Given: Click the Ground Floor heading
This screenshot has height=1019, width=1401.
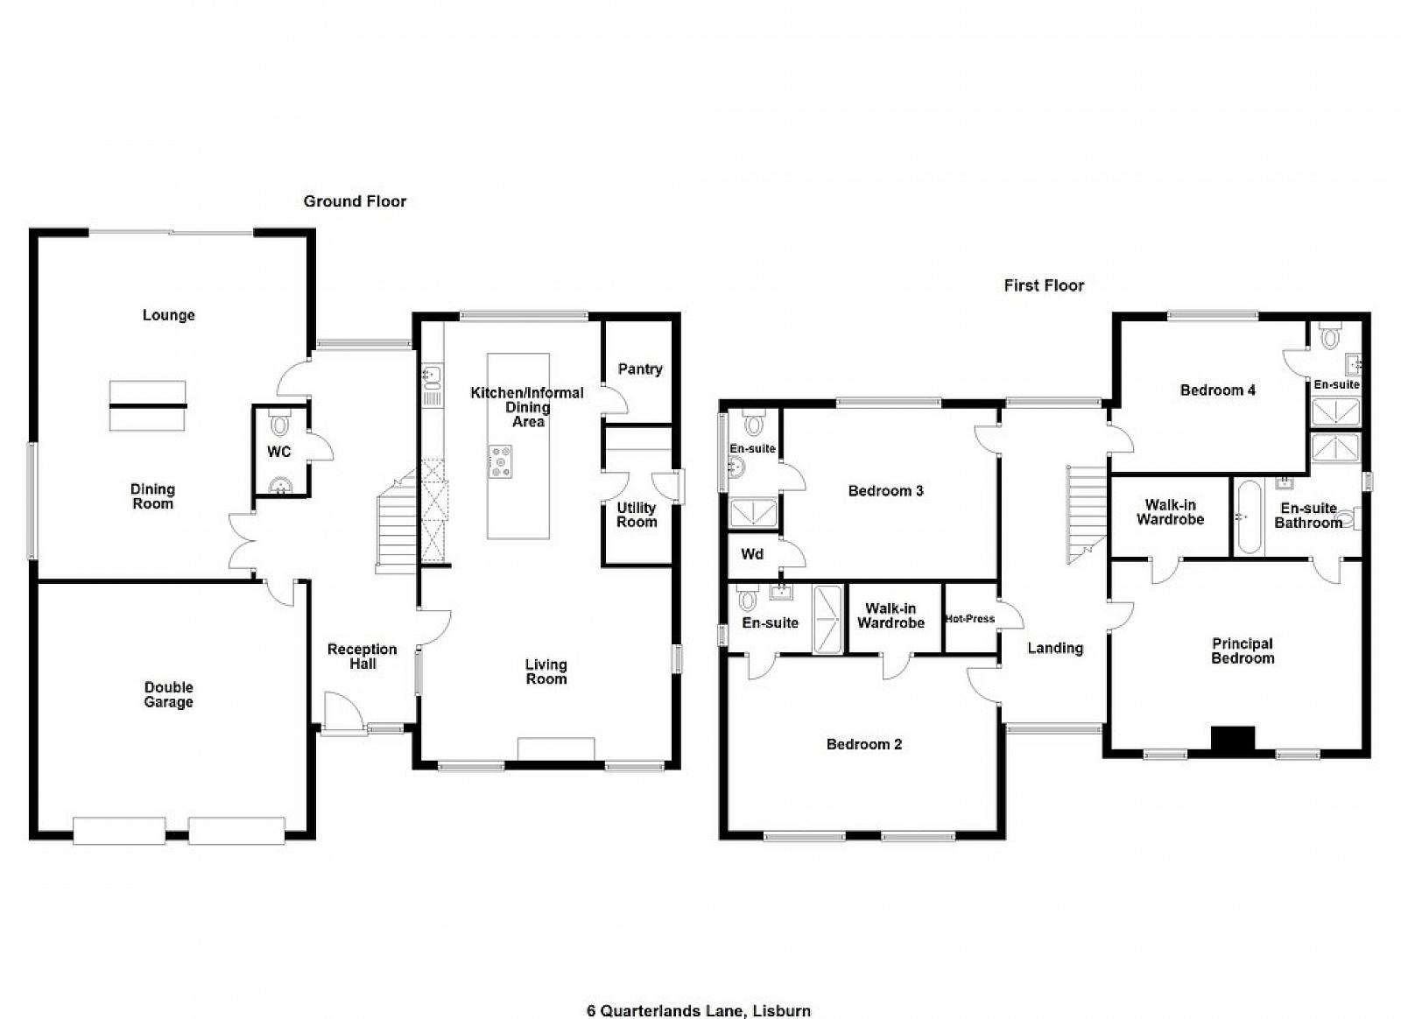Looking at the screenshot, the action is click(355, 201).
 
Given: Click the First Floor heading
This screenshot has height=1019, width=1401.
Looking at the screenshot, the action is click(1044, 285).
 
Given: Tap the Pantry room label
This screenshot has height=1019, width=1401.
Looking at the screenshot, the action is click(640, 369).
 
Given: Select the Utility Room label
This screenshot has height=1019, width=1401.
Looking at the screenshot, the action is click(637, 515).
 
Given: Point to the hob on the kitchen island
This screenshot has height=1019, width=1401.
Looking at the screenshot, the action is click(500, 461).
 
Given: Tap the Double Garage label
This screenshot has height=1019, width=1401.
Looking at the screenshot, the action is click(168, 694).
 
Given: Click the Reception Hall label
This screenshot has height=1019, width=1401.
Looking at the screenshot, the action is click(363, 657).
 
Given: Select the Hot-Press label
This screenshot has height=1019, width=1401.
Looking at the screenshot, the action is click(970, 619).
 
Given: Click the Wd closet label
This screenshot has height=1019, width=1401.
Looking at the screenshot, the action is click(752, 554).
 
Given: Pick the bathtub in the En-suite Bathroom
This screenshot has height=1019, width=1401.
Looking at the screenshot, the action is click(1249, 517).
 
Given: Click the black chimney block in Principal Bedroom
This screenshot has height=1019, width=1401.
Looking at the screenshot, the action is click(1234, 738).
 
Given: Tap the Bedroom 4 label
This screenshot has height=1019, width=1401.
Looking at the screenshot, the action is click(1217, 390).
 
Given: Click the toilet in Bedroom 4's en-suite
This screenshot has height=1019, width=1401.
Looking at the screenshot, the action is click(1329, 335).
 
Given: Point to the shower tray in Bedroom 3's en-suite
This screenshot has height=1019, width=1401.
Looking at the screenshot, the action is click(754, 513).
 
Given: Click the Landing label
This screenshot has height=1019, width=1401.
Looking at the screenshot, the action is click(1055, 649).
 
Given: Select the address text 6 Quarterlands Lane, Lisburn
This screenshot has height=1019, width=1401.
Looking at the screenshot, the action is click(699, 993).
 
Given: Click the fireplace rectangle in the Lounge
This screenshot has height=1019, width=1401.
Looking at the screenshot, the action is click(148, 405).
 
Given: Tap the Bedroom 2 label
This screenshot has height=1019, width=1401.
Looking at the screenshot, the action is click(863, 744).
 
